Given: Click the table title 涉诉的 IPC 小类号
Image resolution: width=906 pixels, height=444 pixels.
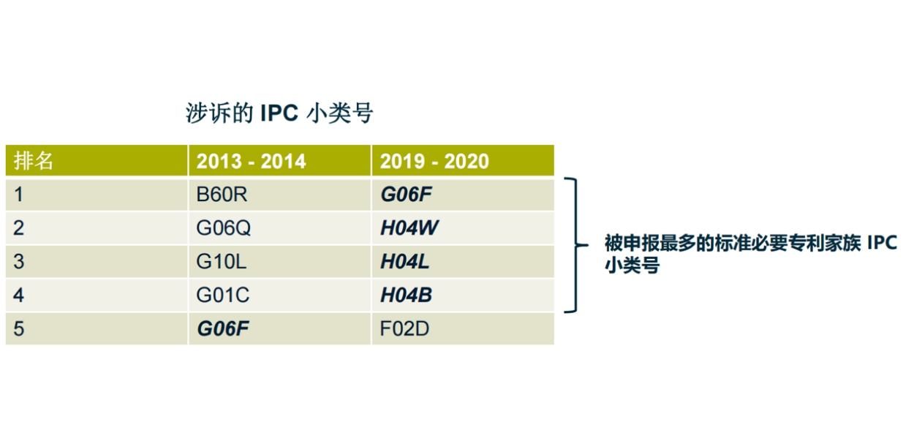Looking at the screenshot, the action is point(279,113).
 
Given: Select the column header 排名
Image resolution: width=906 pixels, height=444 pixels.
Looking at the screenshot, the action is point(34,161).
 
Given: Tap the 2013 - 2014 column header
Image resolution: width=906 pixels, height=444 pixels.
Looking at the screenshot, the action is point(251,161).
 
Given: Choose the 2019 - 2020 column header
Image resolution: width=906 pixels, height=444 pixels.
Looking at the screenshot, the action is point(434,161).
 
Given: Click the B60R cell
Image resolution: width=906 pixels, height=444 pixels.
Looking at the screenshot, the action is point(222,195).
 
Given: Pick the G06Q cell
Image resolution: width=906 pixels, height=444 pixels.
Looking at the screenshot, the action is point(223,228).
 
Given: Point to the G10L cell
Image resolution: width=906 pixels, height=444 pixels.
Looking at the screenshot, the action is point(222,261).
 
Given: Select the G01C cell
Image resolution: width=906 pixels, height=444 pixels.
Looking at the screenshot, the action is point(223,295).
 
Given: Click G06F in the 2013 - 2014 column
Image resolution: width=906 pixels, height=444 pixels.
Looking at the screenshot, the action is point(223,328).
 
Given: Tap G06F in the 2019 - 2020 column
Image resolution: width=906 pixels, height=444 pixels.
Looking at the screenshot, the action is point(406,195).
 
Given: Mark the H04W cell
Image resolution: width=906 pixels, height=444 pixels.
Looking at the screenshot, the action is point(409,228).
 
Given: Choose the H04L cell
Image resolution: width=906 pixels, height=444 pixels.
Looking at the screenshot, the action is point(405,261).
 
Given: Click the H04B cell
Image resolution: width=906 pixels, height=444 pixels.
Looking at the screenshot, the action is point(406,295).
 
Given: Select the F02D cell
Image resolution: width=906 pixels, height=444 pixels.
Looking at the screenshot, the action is point(404,328).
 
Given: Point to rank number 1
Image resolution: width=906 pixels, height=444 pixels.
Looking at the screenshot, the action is point(18,195).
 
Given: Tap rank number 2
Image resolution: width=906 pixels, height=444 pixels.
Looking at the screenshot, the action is point(18,228).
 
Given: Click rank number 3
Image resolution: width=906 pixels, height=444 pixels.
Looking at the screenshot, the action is point(18,261).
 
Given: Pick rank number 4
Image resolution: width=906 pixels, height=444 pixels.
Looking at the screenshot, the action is point(18,295).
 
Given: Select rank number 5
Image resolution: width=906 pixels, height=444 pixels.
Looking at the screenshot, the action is point(18,328).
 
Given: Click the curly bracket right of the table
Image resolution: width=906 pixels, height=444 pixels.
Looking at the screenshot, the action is point(576,245).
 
